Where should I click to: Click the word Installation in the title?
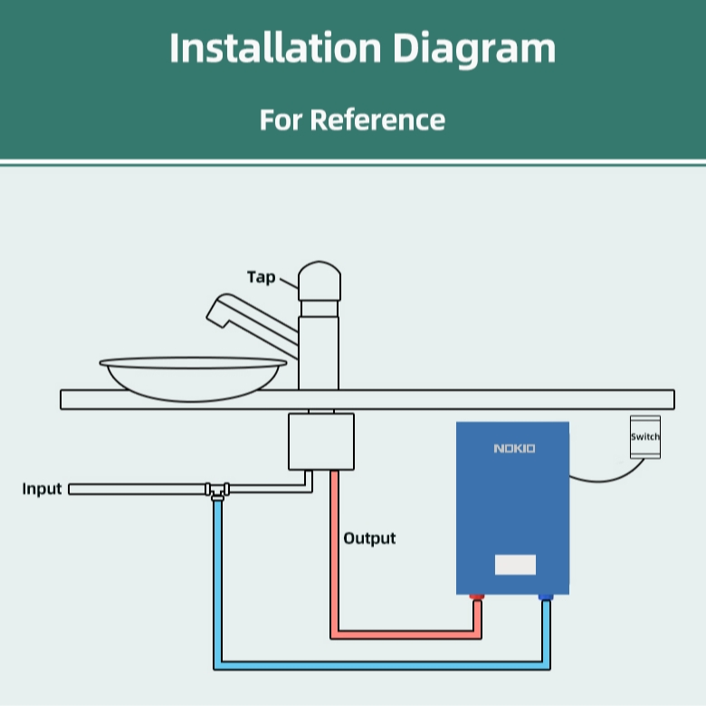point(275,47)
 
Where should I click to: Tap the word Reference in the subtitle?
point(377,119)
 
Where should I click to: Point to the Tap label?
point(262,277)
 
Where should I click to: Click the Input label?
point(42,489)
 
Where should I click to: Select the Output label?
point(369,539)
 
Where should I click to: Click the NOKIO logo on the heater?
point(515,448)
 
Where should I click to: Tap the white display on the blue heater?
point(515,565)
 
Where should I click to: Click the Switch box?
point(645,437)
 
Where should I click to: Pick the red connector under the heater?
point(477,597)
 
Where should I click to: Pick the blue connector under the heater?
point(546,597)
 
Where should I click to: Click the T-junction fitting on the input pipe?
point(217,491)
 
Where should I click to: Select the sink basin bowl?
point(193,378)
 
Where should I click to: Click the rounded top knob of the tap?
point(320,281)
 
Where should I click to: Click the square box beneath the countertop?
point(321,442)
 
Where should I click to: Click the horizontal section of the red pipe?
point(406,634)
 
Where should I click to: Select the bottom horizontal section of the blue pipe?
point(382,665)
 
